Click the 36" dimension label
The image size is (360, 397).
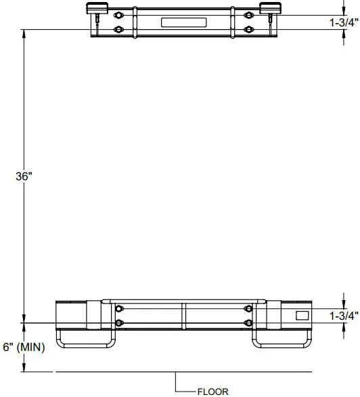(24, 176)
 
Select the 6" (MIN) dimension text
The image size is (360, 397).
(24, 348)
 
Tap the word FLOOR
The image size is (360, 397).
(212, 391)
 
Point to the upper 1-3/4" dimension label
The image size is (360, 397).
(344, 22)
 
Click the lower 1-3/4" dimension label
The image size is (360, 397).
(344, 316)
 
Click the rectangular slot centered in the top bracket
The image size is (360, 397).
(183, 22)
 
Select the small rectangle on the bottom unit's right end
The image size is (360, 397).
(302, 315)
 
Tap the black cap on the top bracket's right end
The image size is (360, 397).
(269, 7)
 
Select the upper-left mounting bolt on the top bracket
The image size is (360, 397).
(120, 16)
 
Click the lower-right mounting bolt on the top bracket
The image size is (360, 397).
(248, 29)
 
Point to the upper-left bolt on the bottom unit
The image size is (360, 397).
(120, 309)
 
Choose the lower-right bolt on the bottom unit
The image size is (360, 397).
(248, 322)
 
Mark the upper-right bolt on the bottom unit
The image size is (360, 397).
(248, 309)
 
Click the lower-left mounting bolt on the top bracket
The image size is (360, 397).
(120, 29)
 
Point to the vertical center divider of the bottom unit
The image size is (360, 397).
(183, 316)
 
